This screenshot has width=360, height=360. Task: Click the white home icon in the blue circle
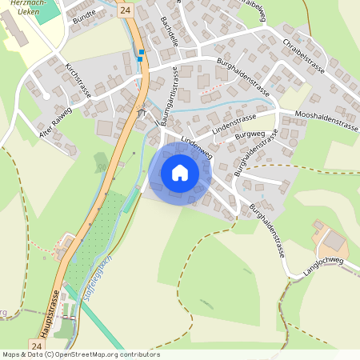pyautogui.click(x=180, y=173)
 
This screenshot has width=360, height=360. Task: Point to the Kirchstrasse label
pyautogui.click(x=78, y=79)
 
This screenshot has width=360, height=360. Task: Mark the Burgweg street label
pyautogui.click(x=250, y=136)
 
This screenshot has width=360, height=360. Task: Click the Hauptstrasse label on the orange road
pyautogui.click(x=50, y=314)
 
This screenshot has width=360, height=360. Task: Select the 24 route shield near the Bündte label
pyautogui.click(x=124, y=10)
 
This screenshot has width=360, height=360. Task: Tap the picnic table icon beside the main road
pyautogui.click(x=142, y=113)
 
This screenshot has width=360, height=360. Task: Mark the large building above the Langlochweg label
pyautogui.click(x=333, y=240)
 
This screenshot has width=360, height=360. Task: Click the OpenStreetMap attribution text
pyautogui.click(x=80, y=354)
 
